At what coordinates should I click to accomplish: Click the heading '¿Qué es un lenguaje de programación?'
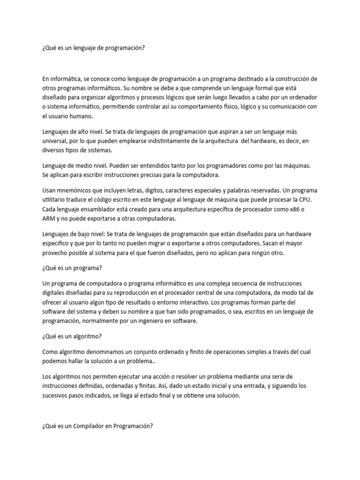tap(91, 47)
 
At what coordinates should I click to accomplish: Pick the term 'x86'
tap(294, 209)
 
